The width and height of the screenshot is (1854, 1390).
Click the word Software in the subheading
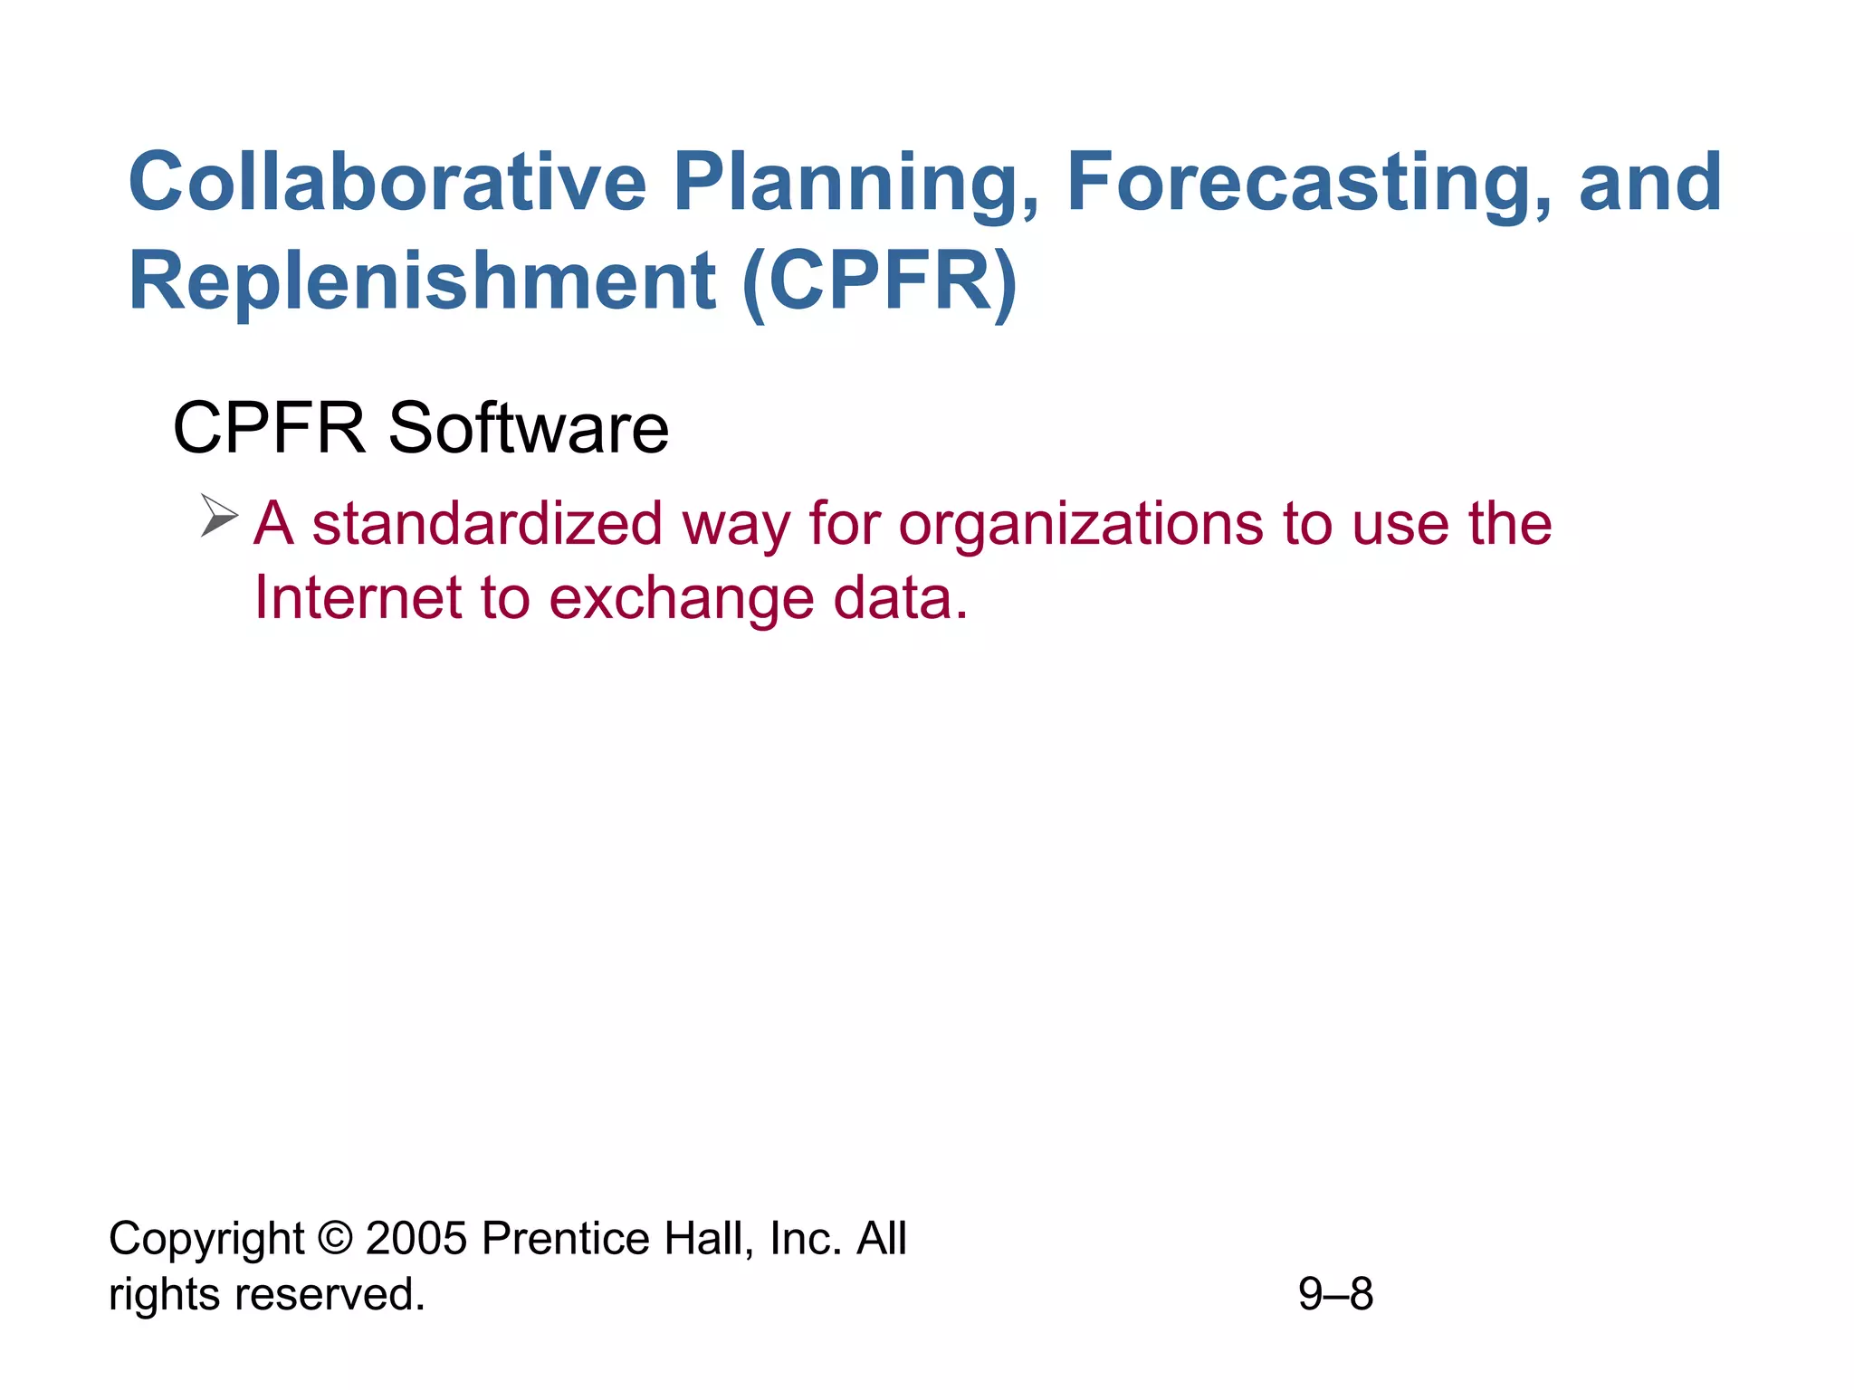coord(529,428)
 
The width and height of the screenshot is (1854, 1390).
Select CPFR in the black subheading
coord(269,428)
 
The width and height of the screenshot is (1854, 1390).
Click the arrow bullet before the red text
coord(218,516)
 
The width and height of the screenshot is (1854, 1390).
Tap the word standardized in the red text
coord(487,524)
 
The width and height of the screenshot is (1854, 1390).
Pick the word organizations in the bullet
coord(1081,526)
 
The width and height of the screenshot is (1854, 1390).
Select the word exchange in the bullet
coord(681,600)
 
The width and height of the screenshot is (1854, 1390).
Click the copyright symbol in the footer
coord(335,1238)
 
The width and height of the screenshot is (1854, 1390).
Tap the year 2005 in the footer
coord(416,1238)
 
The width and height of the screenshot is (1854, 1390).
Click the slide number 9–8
coord(1335,1294)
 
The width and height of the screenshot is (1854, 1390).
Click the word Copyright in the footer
coord(206,1240)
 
